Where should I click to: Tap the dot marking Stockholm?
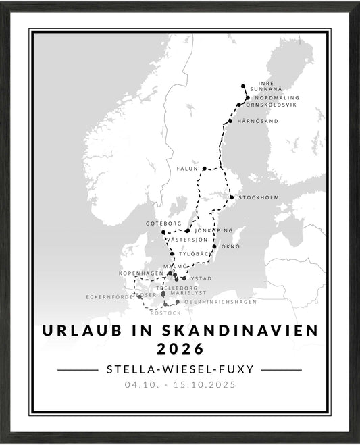[x=232, y=197]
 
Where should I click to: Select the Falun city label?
[x=188, y=169]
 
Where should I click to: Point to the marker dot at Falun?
[x=204, y=169]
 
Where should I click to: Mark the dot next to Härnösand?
[x=230, y=121]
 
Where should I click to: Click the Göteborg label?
[x=163, y=222]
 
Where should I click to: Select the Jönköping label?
[x=213, y=230]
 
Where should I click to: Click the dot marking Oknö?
[x=214, y=246]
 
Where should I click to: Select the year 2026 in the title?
[x=180, y=348]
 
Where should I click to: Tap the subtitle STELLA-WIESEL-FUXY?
[x=180, y=369]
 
